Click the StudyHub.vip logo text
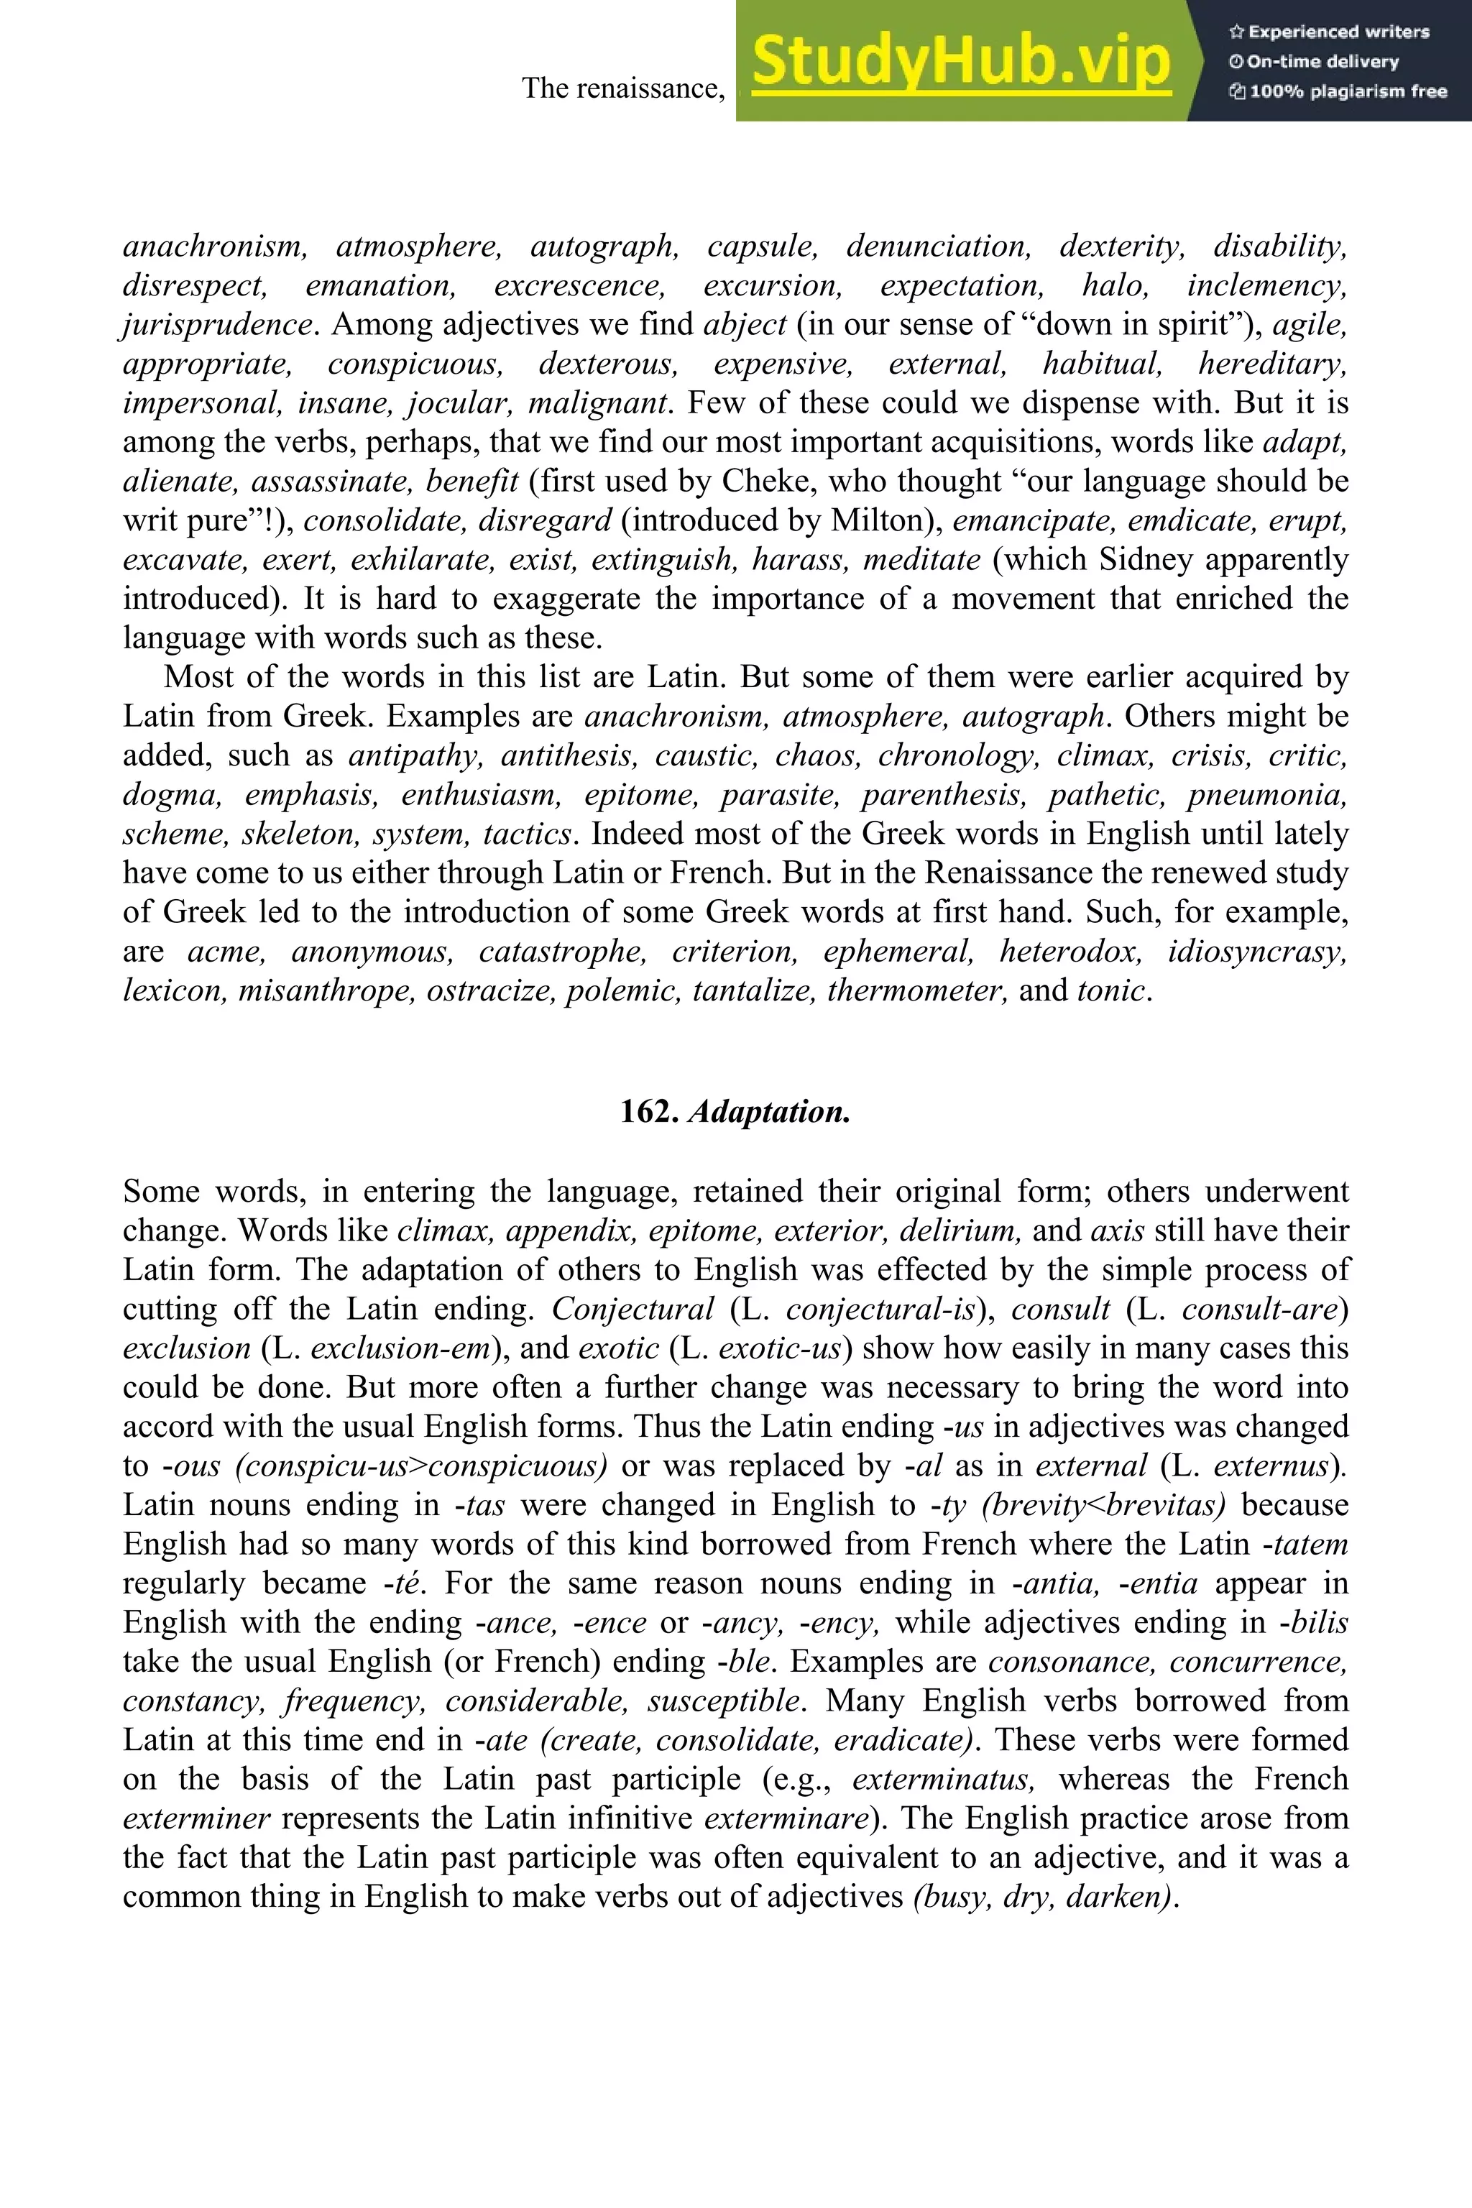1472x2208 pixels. coord(961,61)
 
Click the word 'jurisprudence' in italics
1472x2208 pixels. coord(217,325)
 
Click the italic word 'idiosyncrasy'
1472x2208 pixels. coord(1257,951)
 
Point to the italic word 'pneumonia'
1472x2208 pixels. coord(1266,795)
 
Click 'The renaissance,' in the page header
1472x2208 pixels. coord(623,88)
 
